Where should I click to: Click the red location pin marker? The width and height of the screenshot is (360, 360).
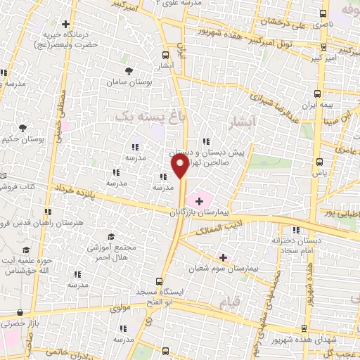coord(180,167)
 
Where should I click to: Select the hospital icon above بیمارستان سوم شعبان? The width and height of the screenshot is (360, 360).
coord(224,258)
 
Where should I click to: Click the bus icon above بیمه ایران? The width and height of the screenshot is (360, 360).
coord(318,93)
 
